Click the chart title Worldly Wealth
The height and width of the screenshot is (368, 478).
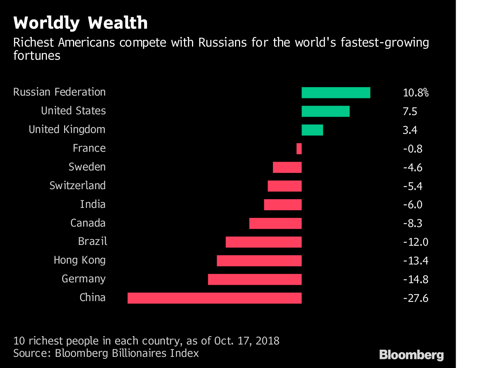[80, 23]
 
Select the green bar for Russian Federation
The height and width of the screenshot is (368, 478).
[336, 92]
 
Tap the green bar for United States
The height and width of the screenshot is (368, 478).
[325, 111]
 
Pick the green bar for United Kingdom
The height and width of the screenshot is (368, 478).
[312, 130]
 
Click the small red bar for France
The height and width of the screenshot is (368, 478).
[299, 149]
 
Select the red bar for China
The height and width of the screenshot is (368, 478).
[214, 298]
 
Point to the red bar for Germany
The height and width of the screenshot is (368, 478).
[255, 279]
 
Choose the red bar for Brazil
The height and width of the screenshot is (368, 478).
[263, 242]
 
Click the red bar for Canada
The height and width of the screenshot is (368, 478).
[275, 223]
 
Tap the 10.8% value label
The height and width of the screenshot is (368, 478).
[415, 93]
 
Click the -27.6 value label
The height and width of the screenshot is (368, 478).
[415, 298]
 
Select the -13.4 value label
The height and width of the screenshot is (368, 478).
[415, 260]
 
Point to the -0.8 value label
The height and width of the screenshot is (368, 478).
[413, 149]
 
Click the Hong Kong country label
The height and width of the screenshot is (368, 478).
[80, 260]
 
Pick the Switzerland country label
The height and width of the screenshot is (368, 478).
[78, 186]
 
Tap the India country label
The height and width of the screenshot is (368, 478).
[93, 204]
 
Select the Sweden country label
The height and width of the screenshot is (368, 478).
[87, 167]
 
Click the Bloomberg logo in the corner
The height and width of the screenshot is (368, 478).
[411, 354]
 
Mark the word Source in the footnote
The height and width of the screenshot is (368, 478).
[29, 353]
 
